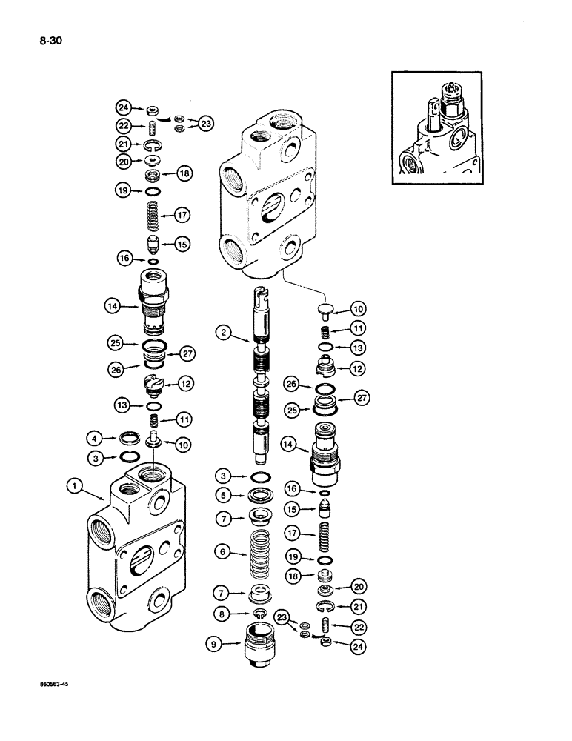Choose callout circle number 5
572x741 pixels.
click(222, 494)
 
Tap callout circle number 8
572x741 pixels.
click(222, 614)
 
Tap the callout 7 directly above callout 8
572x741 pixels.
click(222, 592)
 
